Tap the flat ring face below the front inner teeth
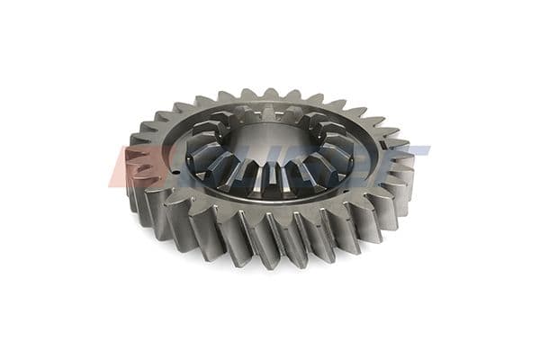click(x=270, y=205)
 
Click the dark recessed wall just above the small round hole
click(x=191, y=162)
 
